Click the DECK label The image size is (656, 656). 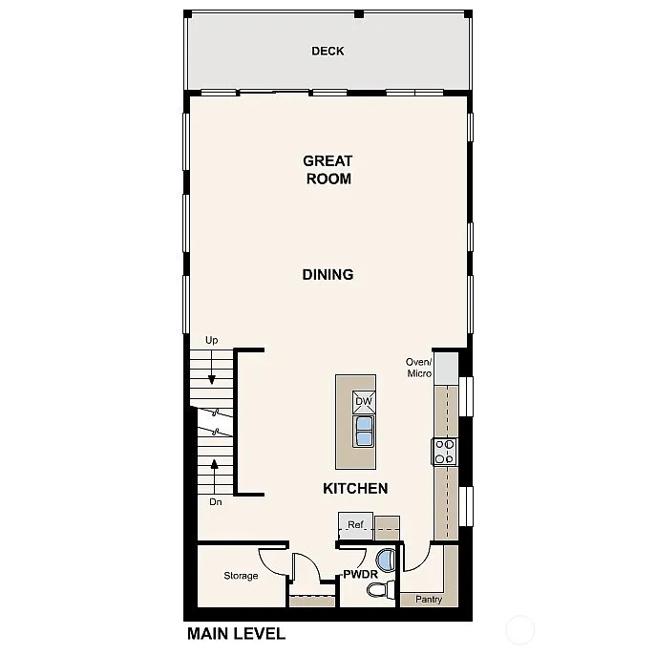pos(328,52)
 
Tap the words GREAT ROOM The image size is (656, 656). pos(328,170)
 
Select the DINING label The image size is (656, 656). pos(328,275)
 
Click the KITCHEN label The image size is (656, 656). pos(355,489)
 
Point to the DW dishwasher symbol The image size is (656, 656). pos(363,402)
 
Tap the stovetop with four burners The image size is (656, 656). pos(445,451)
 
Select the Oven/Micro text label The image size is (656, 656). pos(419,368)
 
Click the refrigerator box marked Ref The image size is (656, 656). pos(355,524)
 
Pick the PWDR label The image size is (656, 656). pos(360,575)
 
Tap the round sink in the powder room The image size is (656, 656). pos(386,560)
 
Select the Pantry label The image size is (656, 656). pos(429,600)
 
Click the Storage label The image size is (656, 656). pos(241,576)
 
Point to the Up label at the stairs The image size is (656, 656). pos(212,340)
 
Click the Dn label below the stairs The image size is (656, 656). pos(216,501)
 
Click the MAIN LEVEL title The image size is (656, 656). pos(236,633)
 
